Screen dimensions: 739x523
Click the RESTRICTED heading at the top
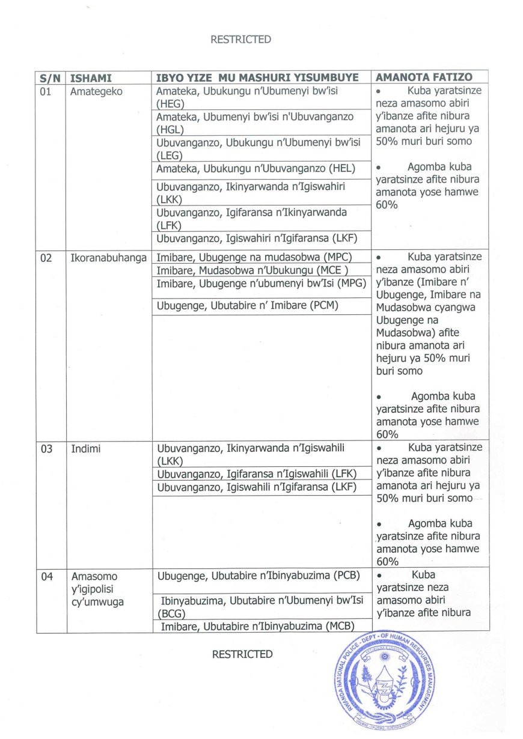(x=240, y=40)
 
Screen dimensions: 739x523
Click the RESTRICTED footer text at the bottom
(x=242, y=654)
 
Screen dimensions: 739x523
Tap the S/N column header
(x=50, y=78)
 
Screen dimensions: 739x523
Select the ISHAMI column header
(x=91, y=78)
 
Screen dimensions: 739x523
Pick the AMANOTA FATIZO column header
(x=424, y=78)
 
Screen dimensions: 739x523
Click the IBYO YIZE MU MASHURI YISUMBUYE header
(x=257, y=78)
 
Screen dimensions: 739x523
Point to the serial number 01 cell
(x=46, y=92)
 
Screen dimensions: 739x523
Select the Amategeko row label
(x=96, y=92)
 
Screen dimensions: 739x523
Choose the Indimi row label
(x=86, y=448)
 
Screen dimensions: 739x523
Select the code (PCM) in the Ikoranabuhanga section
(x=324, y=306)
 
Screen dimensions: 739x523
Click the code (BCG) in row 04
(x=171, y=614)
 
